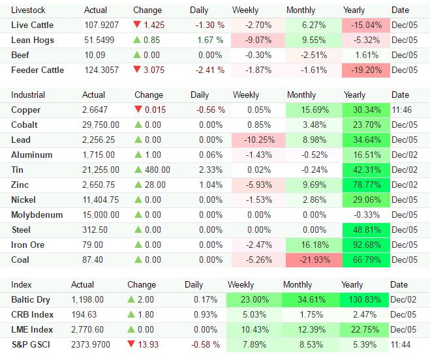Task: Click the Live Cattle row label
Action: click(x=33, y=25)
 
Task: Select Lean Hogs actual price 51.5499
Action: click(x=101, y=40)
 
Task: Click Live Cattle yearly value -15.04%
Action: click(x=366, y=25)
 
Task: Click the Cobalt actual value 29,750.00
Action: click(x=101, y=125)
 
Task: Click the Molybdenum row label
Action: click(x=37, y=215)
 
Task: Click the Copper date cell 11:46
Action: click(x=401, y=110)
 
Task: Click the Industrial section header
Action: click(x=28, y=95)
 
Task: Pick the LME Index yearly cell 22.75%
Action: click(x=367, y=329)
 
